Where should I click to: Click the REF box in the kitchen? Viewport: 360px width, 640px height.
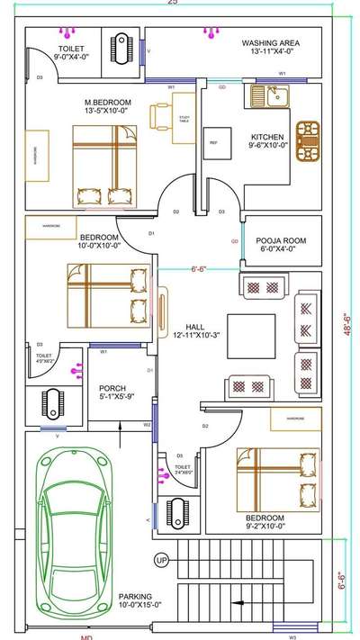click(x=214, y=142)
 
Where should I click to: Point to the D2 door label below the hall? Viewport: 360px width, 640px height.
click(x=205, y=425)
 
